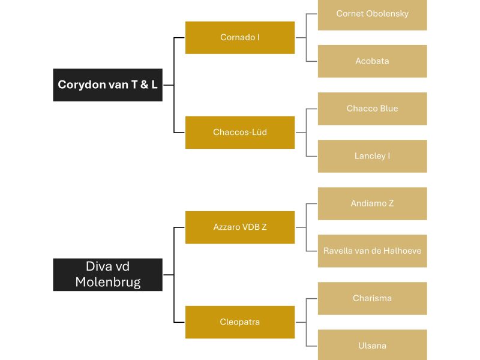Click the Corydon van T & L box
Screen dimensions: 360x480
(x=107, y=85)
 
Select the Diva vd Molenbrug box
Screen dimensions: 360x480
(x=107, y=275)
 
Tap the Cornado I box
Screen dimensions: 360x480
(x=240, y=37)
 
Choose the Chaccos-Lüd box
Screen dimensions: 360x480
(x=240, y=132)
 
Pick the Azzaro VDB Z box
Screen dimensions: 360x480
(x=240, y=227)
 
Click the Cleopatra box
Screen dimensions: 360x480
(x=240, y=322)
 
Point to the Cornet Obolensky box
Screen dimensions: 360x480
(x=372, y=14)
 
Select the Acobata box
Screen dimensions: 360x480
(x=372, y=61)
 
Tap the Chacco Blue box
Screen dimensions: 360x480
(x=372, y=109)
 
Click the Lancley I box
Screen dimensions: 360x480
(x=372, y=156)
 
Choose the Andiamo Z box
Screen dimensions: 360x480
(x=372, y=203)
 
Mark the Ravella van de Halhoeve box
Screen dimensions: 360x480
(x=372, y=251)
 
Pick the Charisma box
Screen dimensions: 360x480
(x=372, y=298)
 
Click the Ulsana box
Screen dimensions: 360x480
(x=372, y=346)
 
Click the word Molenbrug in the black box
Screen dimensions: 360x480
(x=108, y=282)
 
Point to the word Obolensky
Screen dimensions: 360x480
(x=388, y=13)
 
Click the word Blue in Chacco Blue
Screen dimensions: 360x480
(x=388, y=109)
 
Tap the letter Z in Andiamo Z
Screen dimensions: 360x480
(x=391, y=203)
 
